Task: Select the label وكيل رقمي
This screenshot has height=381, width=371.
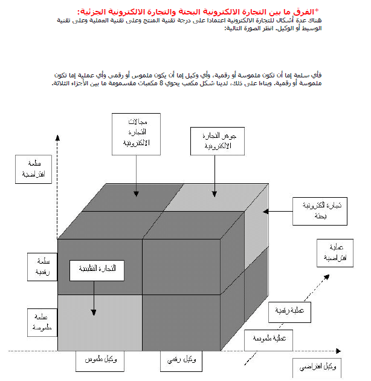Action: click(181, 360)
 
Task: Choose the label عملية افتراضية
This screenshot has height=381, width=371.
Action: click(335, 253)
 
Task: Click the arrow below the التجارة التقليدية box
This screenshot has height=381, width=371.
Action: click(94, 297)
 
